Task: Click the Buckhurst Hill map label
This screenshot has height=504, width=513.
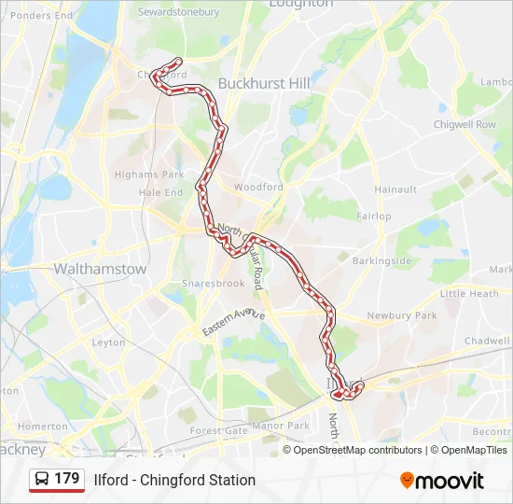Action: [264, 83]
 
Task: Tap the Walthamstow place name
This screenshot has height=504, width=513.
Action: [100, 269]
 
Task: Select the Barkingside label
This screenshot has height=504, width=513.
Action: [382, 260]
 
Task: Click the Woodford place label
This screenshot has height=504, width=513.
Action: [258, 187]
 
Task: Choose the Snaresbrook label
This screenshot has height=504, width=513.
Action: [214, 283]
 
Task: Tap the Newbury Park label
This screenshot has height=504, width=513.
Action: [402, 315]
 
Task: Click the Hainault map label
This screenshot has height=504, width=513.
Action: [395, 189]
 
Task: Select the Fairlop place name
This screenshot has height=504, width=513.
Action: [374, 216]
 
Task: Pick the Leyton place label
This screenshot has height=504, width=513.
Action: [109, 343]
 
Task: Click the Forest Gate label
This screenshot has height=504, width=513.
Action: [218, 430]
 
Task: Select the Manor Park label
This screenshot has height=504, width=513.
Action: [281, 426]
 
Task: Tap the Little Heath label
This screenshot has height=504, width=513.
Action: [469, 293]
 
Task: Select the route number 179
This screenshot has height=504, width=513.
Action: [67, 479]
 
